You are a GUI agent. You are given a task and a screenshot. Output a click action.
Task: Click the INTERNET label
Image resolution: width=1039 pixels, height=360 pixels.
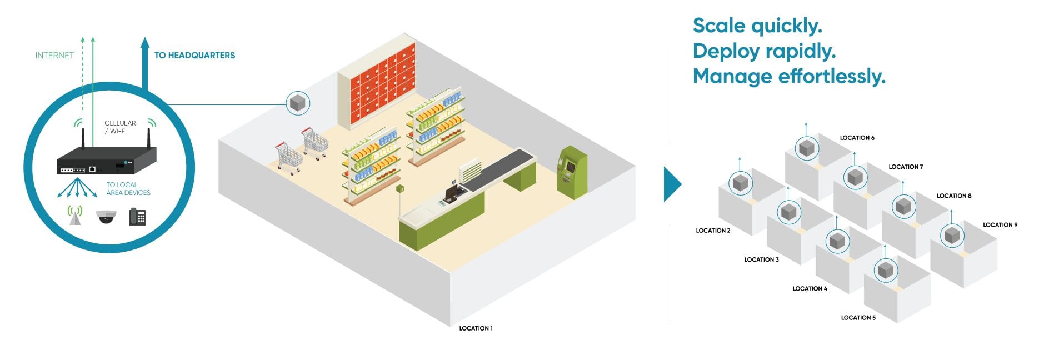[x=54, y=56]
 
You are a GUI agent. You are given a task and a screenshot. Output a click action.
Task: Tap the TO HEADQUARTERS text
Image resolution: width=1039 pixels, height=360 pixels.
[x=194, y=56]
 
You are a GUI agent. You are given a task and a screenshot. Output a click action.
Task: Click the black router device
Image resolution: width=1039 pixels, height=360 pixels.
[x=106, y=161]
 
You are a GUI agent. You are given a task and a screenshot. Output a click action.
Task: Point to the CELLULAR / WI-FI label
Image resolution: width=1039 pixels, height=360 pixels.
[x=120, y=127]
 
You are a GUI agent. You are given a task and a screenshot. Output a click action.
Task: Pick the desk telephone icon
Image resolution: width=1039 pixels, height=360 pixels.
[x=137, y=217]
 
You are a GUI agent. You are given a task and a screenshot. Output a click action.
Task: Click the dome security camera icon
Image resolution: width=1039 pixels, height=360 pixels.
[x=106, y=217]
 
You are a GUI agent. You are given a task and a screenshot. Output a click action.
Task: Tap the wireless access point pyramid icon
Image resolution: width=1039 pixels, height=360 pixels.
[x=75, y=216]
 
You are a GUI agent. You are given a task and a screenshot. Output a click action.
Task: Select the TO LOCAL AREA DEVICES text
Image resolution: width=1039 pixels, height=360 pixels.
[x=128, y=189]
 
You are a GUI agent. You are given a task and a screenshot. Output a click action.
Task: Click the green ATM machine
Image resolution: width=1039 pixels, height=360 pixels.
[x=572, y=172]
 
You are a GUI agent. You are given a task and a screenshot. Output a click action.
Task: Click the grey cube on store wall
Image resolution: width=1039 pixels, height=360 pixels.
[x=298, y=103]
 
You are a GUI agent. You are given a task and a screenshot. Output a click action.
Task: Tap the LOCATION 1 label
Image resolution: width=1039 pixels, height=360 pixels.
[x=476, y=328]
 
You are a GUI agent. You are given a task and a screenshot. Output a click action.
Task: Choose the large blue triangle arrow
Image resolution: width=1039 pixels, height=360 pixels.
[x=672, y=184]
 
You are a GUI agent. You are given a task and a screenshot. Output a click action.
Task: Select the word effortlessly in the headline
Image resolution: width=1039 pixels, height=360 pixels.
[x=832, y=76]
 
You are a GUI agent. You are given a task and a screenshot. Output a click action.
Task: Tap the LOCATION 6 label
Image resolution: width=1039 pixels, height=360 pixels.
[x=857, y=138]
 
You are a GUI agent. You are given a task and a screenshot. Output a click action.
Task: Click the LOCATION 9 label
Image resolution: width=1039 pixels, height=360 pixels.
[x=1000, y=225]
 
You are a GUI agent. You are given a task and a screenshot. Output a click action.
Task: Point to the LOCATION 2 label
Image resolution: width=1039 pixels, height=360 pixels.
[x=713, y=231]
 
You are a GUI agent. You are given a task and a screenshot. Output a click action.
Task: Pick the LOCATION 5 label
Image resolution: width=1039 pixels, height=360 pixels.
[x=858, y=318]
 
